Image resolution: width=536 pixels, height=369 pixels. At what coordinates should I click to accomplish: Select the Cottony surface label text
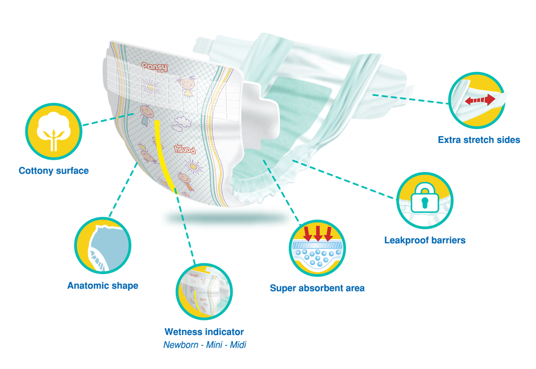point(54,171)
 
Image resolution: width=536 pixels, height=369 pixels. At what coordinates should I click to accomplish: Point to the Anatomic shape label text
point(102,286)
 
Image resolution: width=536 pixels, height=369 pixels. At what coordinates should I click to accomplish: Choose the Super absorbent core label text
point(317,289)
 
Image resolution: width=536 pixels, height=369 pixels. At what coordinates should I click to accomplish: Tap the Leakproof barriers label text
point(425,241)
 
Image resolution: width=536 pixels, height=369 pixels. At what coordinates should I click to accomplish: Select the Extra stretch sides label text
point(480,140)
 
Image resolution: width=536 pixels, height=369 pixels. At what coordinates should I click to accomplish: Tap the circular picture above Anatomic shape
point(103,246)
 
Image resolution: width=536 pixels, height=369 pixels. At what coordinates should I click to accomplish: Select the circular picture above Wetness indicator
point(202,290)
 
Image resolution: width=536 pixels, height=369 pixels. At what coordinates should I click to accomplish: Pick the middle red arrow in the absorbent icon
point(318,233)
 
